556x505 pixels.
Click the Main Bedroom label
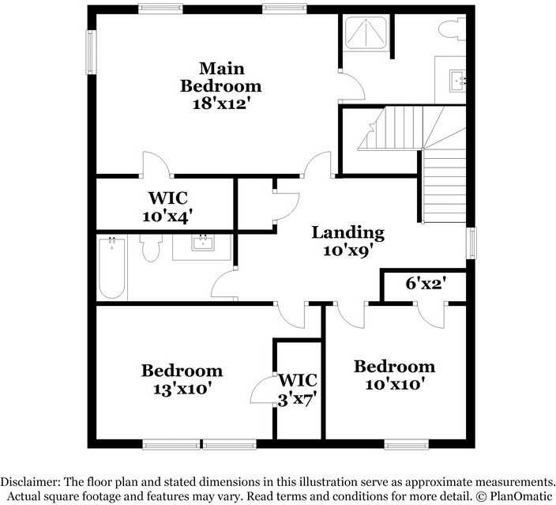pos(220,77)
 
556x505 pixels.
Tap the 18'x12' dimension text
pos(220,103)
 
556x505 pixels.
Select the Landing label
pos(347,232)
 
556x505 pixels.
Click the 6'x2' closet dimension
pos(426,283)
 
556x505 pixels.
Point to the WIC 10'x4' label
pos(167,205)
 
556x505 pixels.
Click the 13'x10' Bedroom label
pos(182,379)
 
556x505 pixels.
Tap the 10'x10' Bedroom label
pos(394,375)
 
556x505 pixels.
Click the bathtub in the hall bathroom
pos(112,268)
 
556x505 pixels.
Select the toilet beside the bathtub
pos(149,250)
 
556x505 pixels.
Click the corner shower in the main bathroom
pos(364,34)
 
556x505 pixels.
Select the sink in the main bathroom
pos(457,80)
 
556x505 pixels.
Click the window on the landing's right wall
pos(471,243)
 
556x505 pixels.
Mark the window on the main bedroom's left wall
pos(90,52)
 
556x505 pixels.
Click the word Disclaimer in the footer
pos(31,481)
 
